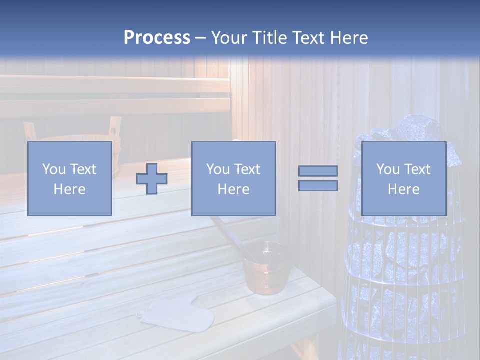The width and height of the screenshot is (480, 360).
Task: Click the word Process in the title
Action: tap(157, 38)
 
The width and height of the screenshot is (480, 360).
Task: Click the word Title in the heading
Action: tap(269, 38)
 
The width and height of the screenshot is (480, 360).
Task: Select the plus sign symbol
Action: tap(152, 179)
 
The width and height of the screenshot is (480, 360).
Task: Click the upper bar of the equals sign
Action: tap(318, 171)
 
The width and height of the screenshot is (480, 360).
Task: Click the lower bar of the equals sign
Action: tap(318, 186)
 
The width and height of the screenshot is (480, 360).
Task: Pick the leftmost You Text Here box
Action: tap(69, 178)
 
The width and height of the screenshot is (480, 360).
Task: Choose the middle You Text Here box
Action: tap(233, 178)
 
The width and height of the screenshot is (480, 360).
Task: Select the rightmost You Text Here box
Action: tap(403, 178)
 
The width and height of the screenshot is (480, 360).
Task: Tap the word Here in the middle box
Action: tap(233, 189)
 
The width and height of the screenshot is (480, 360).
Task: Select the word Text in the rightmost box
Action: tap(416, 169)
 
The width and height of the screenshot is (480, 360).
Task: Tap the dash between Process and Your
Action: tap(201, 38)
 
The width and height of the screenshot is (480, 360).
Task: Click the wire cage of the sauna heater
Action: tap(400, 280)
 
